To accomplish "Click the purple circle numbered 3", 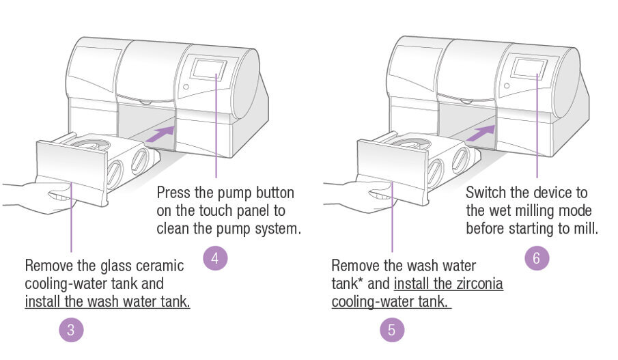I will pyautogui.click(x=71, y=330).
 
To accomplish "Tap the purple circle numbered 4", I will pyautogui.click(x=215, y=258).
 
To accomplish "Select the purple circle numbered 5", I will pyautogui.click(x=392, y=330).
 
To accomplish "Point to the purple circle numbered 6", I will pyautogui.click(x=536, y=258).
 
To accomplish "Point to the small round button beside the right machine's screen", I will pyautogui.click(x=506, y=86).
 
